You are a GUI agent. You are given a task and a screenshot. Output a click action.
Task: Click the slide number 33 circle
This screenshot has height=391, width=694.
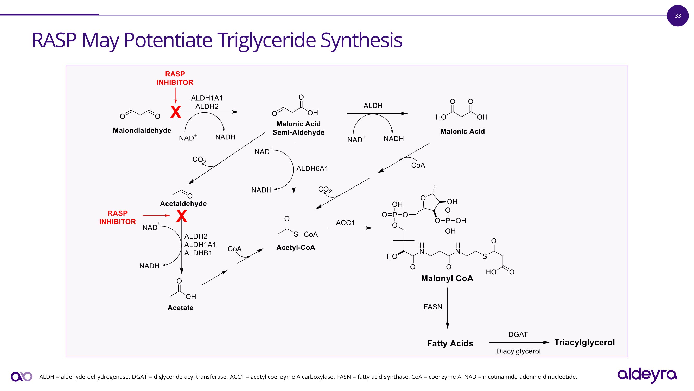678,16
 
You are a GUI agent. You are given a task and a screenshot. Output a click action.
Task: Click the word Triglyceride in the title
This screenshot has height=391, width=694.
266,40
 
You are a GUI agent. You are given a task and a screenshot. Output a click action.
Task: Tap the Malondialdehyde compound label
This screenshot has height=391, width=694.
142,131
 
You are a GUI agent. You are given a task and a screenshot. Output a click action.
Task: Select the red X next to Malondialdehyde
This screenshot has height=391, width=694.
176,112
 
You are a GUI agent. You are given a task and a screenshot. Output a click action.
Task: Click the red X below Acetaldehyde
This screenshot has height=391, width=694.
182,216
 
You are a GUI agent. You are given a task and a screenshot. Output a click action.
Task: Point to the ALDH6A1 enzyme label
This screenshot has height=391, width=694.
312,169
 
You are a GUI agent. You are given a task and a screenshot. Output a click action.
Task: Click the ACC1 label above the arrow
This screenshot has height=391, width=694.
345,223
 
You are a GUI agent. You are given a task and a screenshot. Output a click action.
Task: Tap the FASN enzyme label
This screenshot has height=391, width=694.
433,307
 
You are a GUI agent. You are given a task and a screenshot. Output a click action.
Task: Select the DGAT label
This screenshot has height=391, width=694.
518,335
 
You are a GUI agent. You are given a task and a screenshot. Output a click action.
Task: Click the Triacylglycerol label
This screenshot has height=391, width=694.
584,343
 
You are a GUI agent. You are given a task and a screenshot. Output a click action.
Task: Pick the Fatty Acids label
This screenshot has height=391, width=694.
450,344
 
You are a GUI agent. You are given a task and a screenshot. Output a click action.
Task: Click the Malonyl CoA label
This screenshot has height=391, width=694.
447,278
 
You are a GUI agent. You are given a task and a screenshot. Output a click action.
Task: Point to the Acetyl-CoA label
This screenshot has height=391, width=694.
296,248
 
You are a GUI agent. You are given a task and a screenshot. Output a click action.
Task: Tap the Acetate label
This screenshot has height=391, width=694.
180,308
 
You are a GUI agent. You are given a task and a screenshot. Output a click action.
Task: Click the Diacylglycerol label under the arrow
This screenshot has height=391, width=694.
518,351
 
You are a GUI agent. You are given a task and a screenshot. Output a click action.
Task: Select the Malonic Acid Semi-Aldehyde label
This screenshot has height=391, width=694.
298,128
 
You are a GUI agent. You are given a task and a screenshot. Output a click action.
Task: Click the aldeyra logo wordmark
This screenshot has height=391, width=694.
647,375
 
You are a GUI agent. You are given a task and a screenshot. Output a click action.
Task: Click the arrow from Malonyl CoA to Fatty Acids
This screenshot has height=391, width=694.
448,308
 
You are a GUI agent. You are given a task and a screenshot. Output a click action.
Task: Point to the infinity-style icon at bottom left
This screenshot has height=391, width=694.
21,376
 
